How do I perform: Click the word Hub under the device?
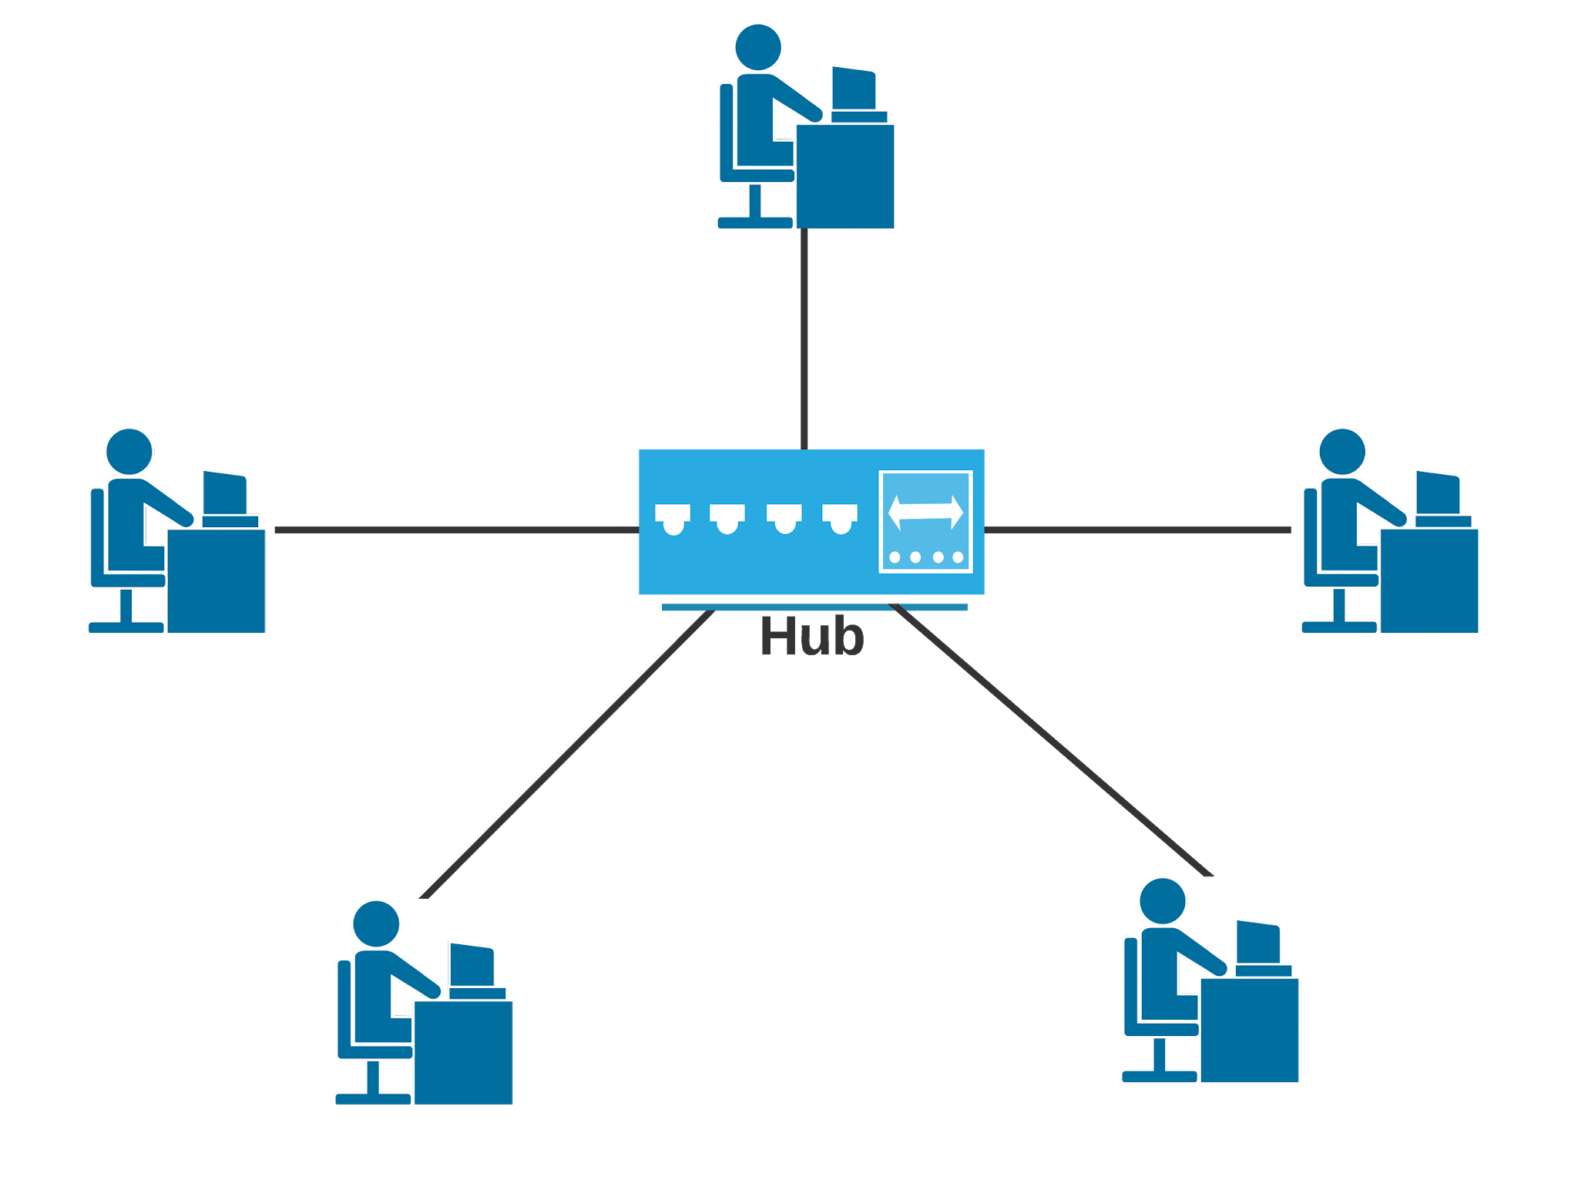pos(811,637)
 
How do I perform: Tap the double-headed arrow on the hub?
pos(925,512)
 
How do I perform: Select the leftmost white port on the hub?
pos(673,517)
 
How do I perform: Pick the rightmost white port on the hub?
pos(840,517)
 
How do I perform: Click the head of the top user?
pos(758,47)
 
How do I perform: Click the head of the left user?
pos(129,452)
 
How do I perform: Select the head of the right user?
pos(1342,452)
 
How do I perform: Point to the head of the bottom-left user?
pos(376,923)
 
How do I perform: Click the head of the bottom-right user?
pos(1163,901)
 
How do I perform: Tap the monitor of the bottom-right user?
pos(1258,942)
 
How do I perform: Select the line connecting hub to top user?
pos(804,339)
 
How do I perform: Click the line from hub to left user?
pos(455,530)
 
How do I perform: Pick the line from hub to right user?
pos(1137,530)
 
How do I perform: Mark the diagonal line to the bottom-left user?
pos(566,755)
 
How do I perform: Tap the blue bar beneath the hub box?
pos(814,607)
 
